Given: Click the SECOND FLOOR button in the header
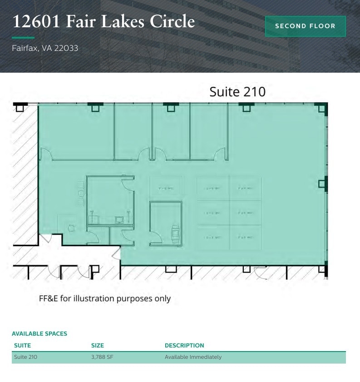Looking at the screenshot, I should (305, 26).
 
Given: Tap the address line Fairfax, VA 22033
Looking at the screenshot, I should (45, 48).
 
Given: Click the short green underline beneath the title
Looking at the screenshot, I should (23, 38).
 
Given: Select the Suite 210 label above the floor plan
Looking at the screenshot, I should (237, 92).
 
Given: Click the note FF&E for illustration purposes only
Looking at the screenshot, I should (104, 298).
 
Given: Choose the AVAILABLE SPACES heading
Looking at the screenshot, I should (39, 333).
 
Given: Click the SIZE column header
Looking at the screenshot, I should (98, 345).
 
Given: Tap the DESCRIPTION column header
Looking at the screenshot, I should (184, 345).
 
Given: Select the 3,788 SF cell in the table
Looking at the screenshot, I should (102, 357).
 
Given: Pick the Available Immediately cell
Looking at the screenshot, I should (193, 357).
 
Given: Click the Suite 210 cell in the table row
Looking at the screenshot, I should (25, 357).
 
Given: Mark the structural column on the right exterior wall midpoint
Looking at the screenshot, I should (322, 184).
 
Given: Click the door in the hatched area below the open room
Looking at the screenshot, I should (261, 273).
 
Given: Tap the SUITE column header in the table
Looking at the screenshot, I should (22, 345).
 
